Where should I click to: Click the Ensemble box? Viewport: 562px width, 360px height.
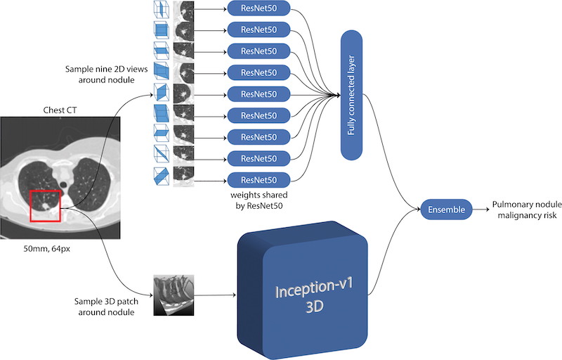point(446,210)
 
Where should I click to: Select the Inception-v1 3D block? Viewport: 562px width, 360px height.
point(303,290)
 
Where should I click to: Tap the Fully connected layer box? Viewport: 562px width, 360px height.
point(351,95)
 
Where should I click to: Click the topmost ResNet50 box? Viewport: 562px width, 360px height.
point(259,8)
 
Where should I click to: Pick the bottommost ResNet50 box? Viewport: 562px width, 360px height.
point(259,180)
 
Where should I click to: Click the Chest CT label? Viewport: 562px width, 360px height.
point(60,110)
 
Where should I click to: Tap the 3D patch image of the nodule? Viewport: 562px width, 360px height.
point(174,295)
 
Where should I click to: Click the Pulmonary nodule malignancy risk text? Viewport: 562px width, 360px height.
point(527,210)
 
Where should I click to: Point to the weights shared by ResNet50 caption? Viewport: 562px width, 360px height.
point(259,200)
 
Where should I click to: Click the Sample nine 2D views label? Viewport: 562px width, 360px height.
point(106,75)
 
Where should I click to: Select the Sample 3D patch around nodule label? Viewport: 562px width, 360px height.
point(106,307)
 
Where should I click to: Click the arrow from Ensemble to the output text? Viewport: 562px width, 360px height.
point(481,210)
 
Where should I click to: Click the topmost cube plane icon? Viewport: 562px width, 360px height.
point(162,8)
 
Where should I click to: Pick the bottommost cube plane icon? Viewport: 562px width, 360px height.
point(162,176)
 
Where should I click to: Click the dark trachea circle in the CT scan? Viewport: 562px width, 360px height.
point(63,185)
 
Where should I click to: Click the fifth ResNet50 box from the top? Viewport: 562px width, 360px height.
point(259,94)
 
